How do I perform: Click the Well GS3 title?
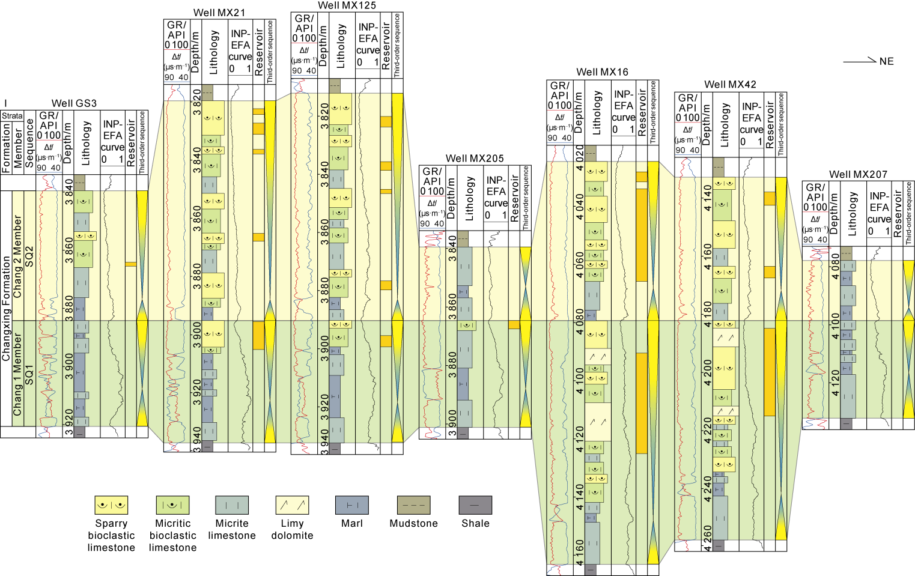point(74,103)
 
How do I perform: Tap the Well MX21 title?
point(219,13)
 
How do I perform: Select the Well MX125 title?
point(347,5)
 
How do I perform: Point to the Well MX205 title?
point(475,159)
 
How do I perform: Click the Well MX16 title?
point(602,72)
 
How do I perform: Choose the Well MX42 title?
point(730,85)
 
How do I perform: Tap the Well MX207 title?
point(858,174)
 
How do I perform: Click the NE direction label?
point(886,61)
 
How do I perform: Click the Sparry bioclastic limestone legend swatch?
point(111,505)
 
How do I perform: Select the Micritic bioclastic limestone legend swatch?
point(172,505)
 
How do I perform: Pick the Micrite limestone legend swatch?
point(232,505)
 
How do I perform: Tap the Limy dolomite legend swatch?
point(292,505)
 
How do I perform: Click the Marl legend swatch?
point(352,505)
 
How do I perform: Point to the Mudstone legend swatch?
point(413,505)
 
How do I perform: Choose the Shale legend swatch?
point(475,505)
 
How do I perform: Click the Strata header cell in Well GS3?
point(12,115)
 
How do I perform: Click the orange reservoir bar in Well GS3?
point(130,264)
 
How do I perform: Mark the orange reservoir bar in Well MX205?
point(514,325)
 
